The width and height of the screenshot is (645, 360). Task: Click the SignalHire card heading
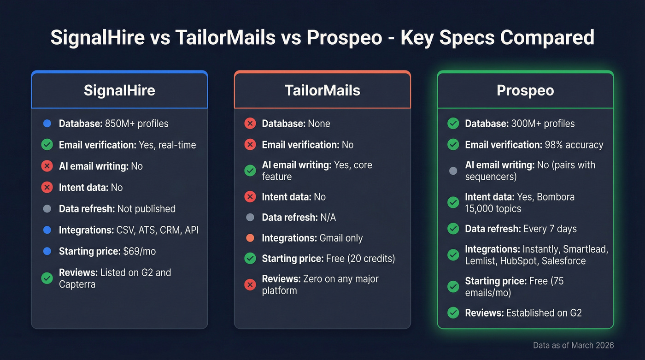119,90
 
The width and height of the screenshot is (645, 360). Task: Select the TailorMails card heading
322,90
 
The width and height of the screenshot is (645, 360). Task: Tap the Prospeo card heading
525,90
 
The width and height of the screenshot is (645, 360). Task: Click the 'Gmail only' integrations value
341,238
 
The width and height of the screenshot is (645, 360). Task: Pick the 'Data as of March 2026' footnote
573,345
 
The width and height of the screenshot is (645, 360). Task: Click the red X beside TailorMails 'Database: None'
250,124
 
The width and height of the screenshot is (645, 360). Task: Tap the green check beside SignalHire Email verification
47,145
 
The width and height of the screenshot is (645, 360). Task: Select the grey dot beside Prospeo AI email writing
453,171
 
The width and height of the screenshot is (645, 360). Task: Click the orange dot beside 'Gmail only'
250,238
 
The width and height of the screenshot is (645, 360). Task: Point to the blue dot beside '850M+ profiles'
47,124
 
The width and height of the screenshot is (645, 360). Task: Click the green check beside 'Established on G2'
453,313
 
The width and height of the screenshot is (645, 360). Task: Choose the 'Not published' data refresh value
147,209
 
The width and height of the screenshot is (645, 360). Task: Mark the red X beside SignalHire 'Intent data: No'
47,188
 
